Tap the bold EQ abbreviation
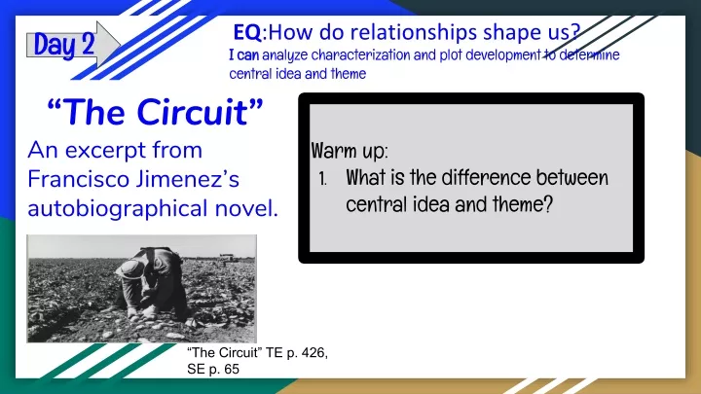click(247, 32)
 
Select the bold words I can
click(244, 54)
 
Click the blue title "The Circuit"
click(155, 112)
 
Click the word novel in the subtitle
click(246, 208)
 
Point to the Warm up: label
click(350, 151)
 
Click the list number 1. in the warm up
click(323, 179)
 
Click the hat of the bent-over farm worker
click(130, 269)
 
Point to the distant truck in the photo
click(229, 257)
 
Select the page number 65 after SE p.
click(232, 369)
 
